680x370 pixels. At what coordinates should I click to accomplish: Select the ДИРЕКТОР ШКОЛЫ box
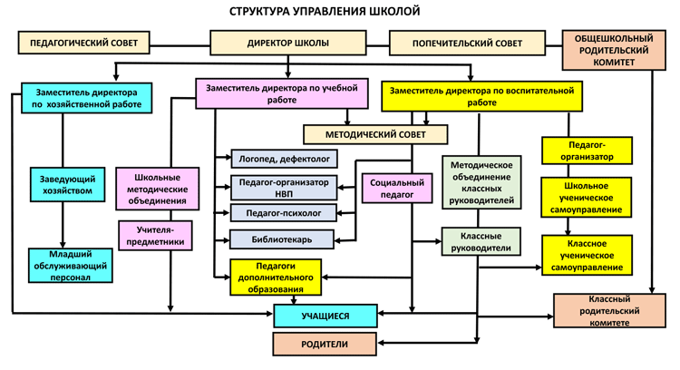coord(288,44)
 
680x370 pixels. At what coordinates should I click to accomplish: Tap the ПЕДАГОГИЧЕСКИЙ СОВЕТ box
coord(83,44)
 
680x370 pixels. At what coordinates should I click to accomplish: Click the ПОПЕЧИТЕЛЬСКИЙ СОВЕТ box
coord(467,44)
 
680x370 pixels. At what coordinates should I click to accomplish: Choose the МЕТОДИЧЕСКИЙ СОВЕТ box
coord(374,134)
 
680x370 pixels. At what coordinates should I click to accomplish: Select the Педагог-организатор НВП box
coord(284,187)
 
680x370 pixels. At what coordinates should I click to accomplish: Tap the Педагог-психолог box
coord(284,213)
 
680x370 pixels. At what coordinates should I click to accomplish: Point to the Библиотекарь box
coord(284,239)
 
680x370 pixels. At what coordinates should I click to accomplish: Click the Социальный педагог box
coord(393,188)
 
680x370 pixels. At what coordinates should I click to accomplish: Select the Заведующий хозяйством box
coord(62,184)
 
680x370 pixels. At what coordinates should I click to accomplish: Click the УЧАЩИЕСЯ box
coord(325,316)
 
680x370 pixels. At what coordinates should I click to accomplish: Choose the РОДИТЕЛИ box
coord(325,344)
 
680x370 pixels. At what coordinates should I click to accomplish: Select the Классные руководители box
coord(481,240)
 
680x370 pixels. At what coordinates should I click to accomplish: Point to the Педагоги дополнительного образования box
coord(277,277)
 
